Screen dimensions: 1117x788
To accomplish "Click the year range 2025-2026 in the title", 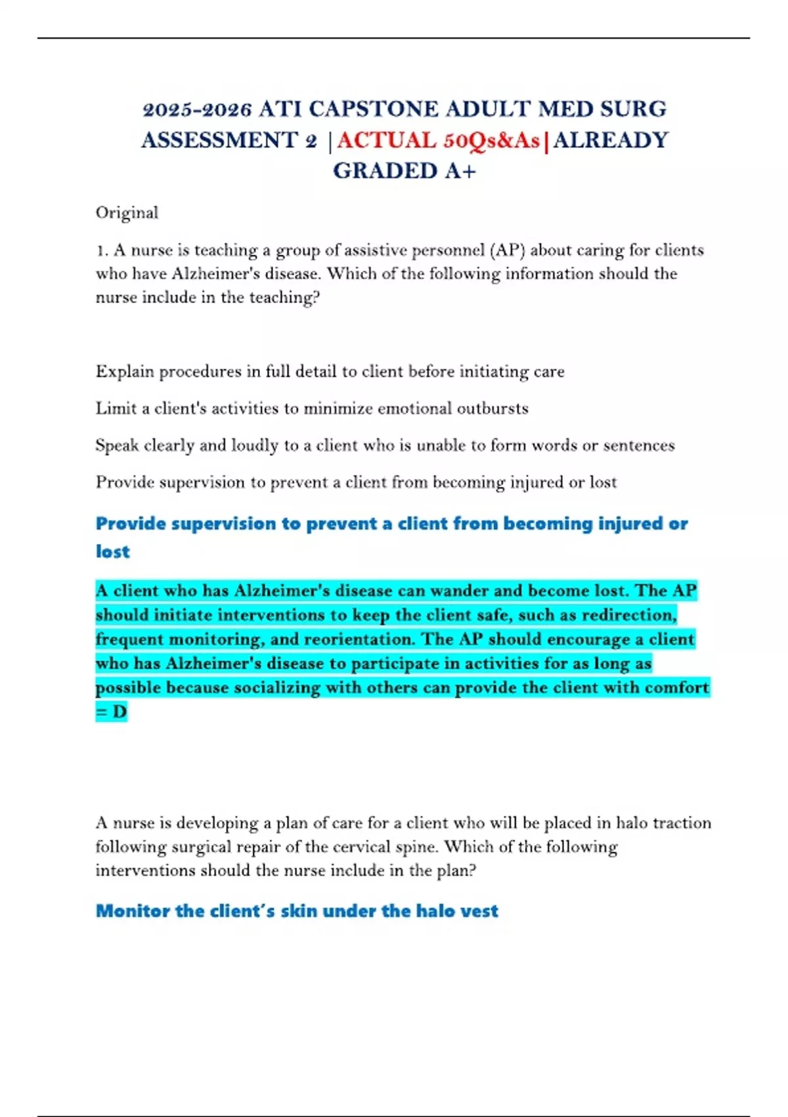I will pos(197,109).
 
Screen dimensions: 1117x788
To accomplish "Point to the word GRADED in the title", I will pos(385,171).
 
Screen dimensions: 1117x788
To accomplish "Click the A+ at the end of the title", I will pos(460,171).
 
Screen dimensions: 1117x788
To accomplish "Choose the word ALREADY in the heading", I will pos(611,140).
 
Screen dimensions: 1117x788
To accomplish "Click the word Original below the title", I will pos(127,213).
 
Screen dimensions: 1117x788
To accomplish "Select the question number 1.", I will pos(102,250).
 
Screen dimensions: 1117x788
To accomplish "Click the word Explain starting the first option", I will pos(125,372).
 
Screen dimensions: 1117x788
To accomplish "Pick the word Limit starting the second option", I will pos(116,409).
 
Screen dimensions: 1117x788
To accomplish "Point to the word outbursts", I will pos(492,409).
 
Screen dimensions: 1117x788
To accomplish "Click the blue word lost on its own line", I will pos(112,552).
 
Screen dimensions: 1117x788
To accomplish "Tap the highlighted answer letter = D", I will pos(111,712).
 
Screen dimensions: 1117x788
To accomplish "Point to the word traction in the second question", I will pos(682,823).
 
